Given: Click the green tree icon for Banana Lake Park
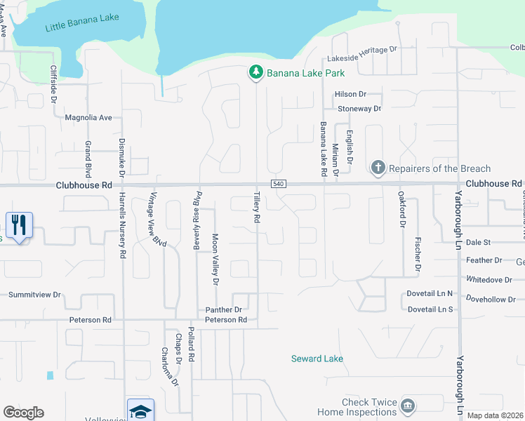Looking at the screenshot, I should click(x=256, y=72).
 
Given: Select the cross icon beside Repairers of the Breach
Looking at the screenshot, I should click(x=378, y=168).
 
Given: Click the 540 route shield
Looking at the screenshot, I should click(x=279, y=184).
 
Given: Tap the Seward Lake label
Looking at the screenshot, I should click(x=317, y=359).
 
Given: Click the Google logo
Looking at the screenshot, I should click(x=23, y=413).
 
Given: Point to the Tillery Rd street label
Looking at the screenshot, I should click(x=257, y=208).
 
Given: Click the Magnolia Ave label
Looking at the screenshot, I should click(x=88, y=118).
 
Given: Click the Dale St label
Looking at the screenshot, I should click(x=477, y=242).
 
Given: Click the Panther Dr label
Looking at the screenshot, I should click(x=223, y=309).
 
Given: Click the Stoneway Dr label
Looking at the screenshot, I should click(x=359, y=109).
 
